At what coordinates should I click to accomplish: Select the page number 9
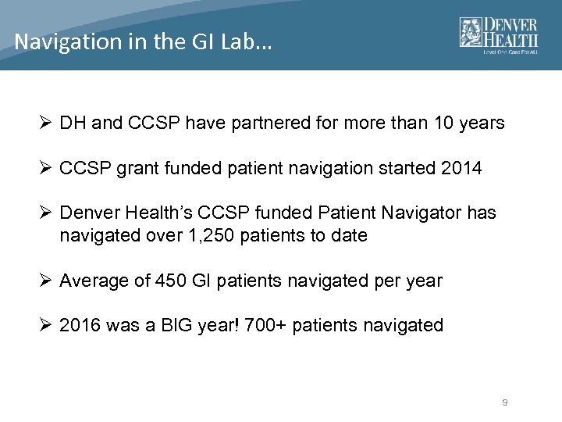(505, 402)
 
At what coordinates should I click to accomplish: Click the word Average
(94, 281)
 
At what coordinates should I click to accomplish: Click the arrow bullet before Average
(46, 281)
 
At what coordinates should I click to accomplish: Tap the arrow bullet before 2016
(46, 325)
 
